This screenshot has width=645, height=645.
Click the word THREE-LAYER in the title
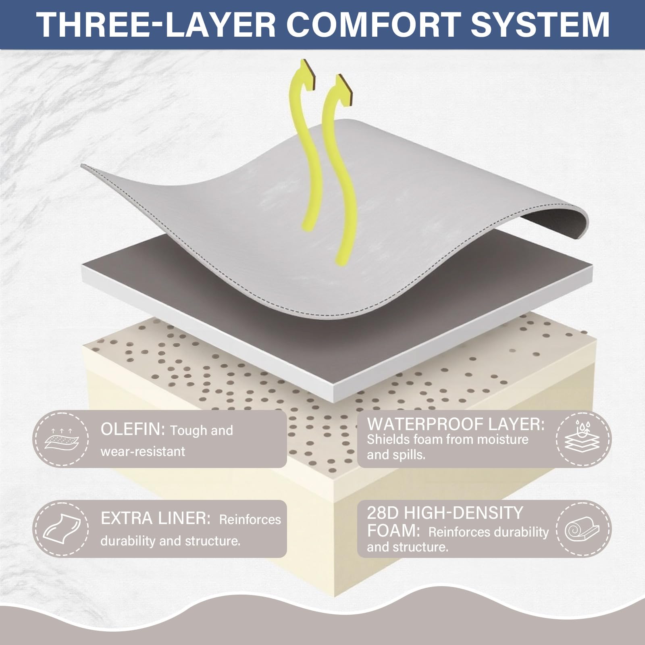156,25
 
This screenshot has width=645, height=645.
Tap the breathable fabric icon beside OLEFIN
61,439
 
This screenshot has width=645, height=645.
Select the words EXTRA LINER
156,519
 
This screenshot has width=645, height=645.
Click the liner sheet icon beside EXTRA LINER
61,529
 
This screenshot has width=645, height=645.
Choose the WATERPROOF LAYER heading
456,424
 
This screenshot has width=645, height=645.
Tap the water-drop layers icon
583,439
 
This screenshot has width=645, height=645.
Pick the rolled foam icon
583,528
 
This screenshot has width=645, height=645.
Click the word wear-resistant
143,451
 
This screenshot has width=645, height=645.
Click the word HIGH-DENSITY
464,513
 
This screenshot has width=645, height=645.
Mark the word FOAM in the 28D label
391,531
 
